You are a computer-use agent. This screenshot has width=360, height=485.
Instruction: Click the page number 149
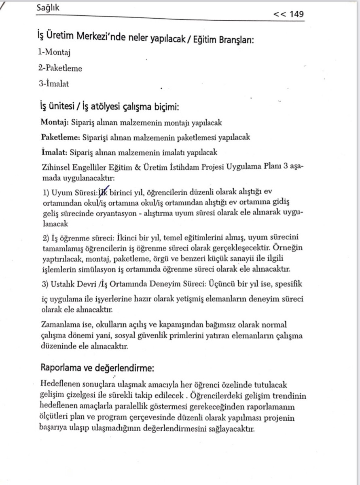296,14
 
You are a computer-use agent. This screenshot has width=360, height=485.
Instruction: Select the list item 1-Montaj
55,52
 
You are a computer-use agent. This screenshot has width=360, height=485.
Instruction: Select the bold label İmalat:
54,152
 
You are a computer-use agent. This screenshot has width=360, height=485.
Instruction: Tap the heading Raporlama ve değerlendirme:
97,368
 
